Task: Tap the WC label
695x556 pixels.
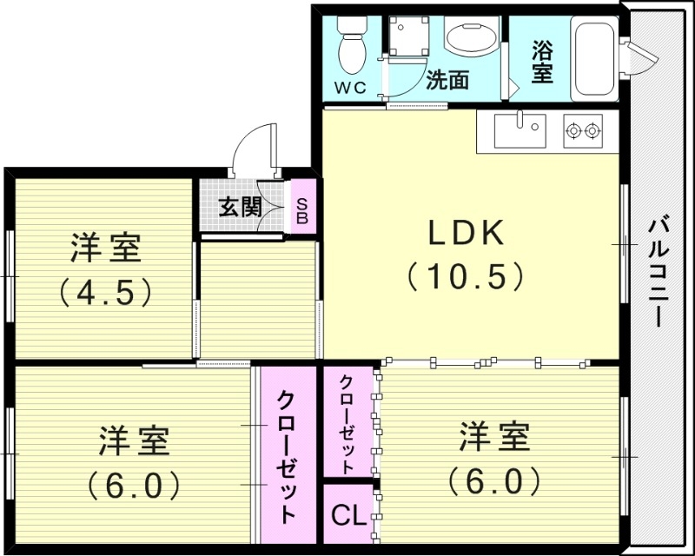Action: (x=352, y=87)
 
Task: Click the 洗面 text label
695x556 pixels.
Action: (x=447, y=81)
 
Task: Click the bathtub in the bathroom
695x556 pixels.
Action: (x=593, y=58)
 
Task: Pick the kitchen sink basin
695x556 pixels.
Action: (x=520, y=132)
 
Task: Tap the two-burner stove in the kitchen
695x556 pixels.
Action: (x=583, y=132)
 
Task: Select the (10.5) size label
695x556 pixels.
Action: (x=465, y=276)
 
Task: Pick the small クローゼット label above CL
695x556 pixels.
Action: (x=347, y=421)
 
